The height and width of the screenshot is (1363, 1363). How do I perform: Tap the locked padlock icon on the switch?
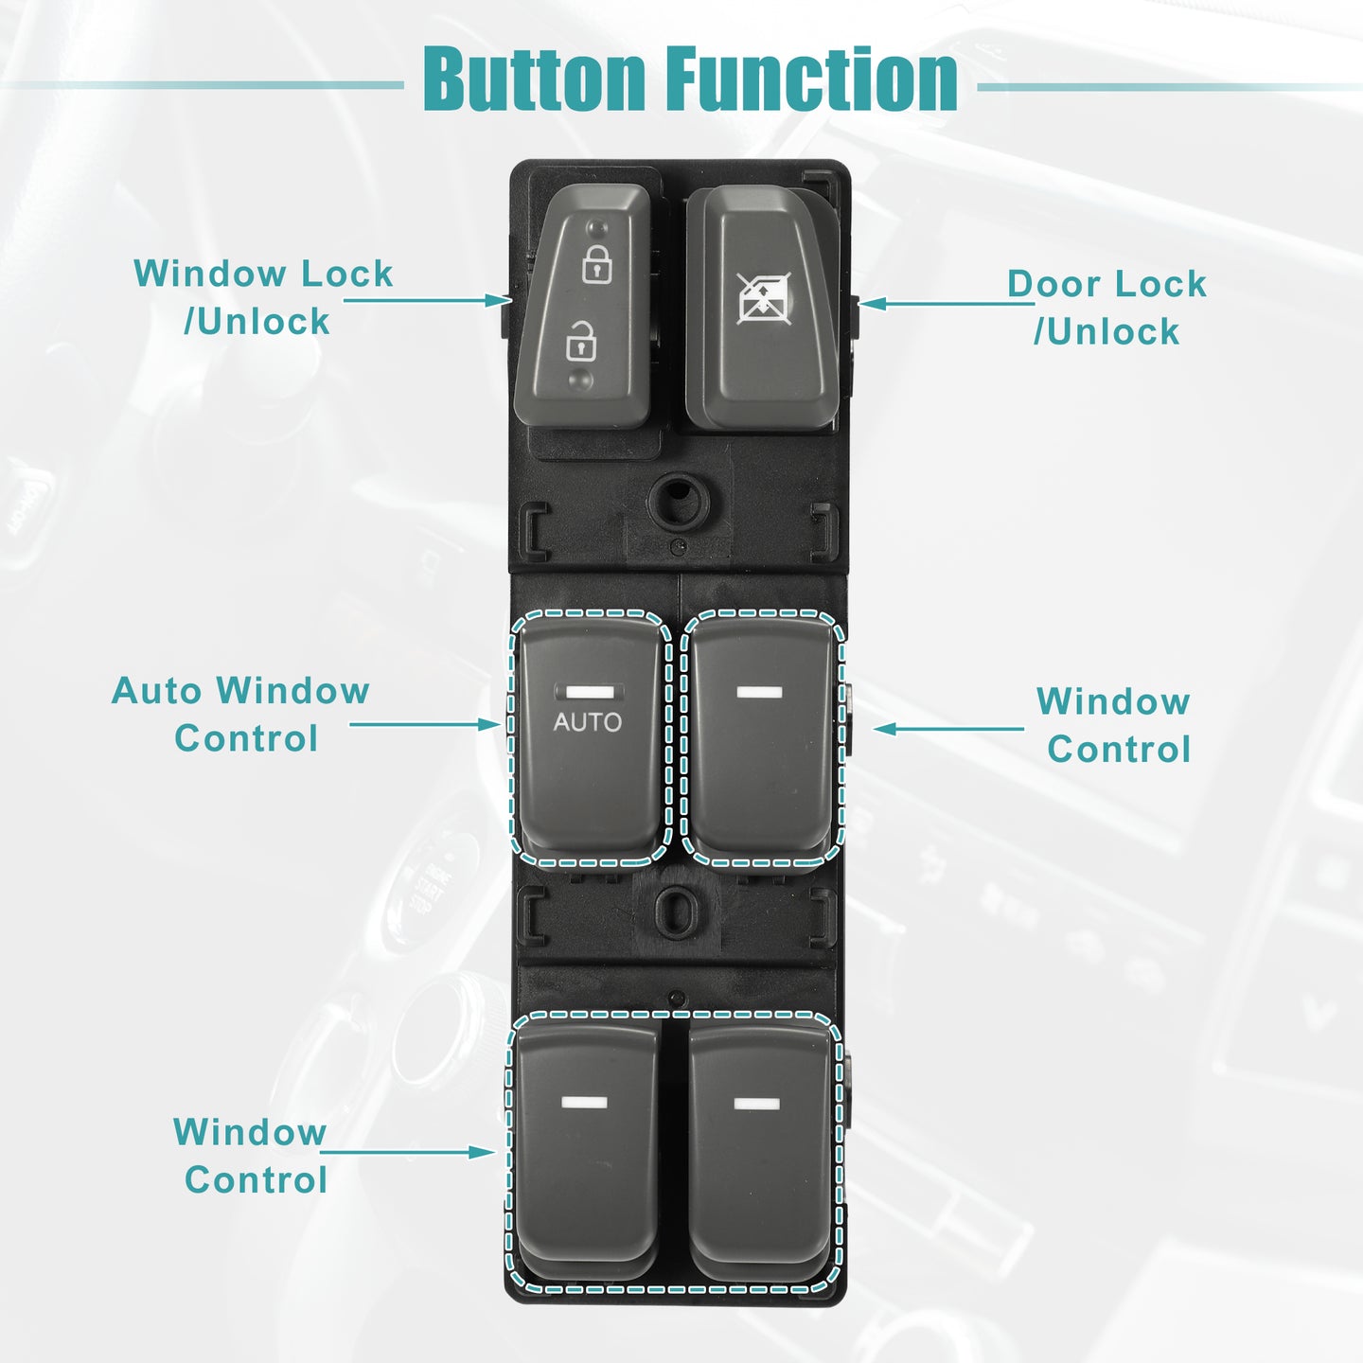pyautogui.click(x=597, y=264)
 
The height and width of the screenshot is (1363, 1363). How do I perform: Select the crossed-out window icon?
pyautogui.click(x=764, y=298)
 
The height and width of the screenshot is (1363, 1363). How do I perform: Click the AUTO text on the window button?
pyautogui.click(x=587, y=722)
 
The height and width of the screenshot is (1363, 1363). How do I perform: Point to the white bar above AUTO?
pyautogui.click(x=589, y=692)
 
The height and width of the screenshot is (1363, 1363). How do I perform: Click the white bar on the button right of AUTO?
pyautogui.click(x=759, y=692)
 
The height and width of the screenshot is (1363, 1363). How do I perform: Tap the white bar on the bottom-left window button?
pyautogui.click(x=584, y=1103)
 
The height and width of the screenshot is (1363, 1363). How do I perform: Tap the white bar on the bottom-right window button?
pyautogui.click(x=757, y=1104)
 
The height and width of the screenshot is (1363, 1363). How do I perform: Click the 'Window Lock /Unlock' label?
pyautogui.click(x=263, y=297)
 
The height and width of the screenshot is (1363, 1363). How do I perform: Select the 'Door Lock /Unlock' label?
pyautogui.click(x=1106, y=307)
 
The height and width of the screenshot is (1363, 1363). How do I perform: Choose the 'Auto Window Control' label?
pyautogui.click(x=240, y=715)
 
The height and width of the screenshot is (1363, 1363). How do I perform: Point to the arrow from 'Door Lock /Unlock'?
pyautogui.click(x=947, y=304)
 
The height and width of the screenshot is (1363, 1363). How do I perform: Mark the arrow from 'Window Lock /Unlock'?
pyautogui.click(x=427, y=300)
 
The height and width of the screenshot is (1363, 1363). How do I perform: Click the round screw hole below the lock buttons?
pyautogui.click(x=679, y=500)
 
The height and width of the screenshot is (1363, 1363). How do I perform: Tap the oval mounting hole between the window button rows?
pyautogui.click(x=676, y=912)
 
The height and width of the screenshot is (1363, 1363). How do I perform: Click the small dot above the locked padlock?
pyautogui.click(x=598, y=227)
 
